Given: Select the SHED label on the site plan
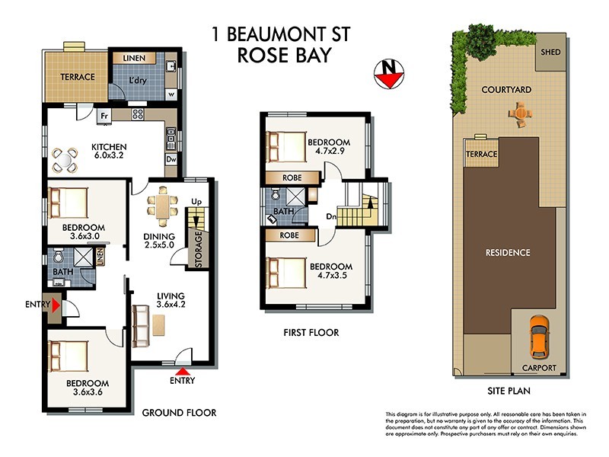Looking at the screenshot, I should coord(551,53).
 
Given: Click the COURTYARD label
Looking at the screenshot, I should coord(506,90).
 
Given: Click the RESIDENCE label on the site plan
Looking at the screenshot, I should coord(509,252).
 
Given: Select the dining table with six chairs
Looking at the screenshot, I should coord(161,205).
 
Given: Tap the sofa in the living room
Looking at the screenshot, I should coord(140,324).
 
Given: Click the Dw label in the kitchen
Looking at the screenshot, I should coord(171,160).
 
